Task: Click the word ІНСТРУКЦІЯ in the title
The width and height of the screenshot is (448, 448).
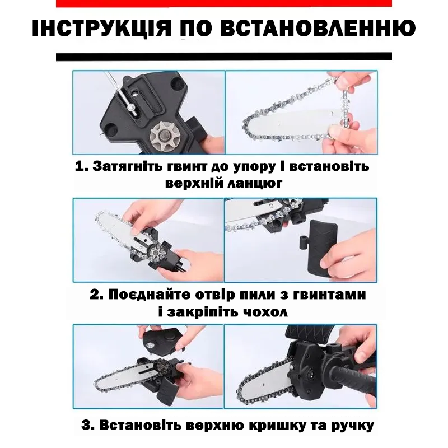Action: pos(101,29)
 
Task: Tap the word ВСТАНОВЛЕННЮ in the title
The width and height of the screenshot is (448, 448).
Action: pos(318,29)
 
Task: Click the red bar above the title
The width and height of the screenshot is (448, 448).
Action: pos(223,3)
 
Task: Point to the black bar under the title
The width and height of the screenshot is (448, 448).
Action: pos(223,57)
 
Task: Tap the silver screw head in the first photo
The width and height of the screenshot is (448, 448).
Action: pos(131,108)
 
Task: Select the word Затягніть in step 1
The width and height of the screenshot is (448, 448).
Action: pos(129,166)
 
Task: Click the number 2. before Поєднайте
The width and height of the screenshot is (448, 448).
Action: pos(96,295)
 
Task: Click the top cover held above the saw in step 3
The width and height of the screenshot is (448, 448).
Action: pos(162,339)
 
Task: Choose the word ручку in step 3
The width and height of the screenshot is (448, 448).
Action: pos(353,426)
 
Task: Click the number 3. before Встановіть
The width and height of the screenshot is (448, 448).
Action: pos(88,425)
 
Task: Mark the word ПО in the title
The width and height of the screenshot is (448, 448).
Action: pos(196,29)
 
